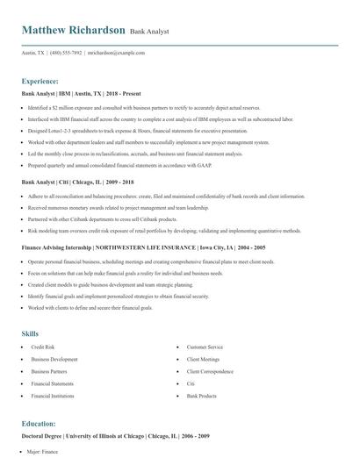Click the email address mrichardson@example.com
click(x=116, y=53)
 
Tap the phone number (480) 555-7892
click(x=65, y=53)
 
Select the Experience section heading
click(x=40, y=80)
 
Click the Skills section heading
click(x=30, y=334)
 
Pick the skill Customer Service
click(x=205, y=348)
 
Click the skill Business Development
click(x=54, y=360)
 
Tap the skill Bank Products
click(x=201, y=396)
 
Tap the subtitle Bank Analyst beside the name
click(x=149, y=32)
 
